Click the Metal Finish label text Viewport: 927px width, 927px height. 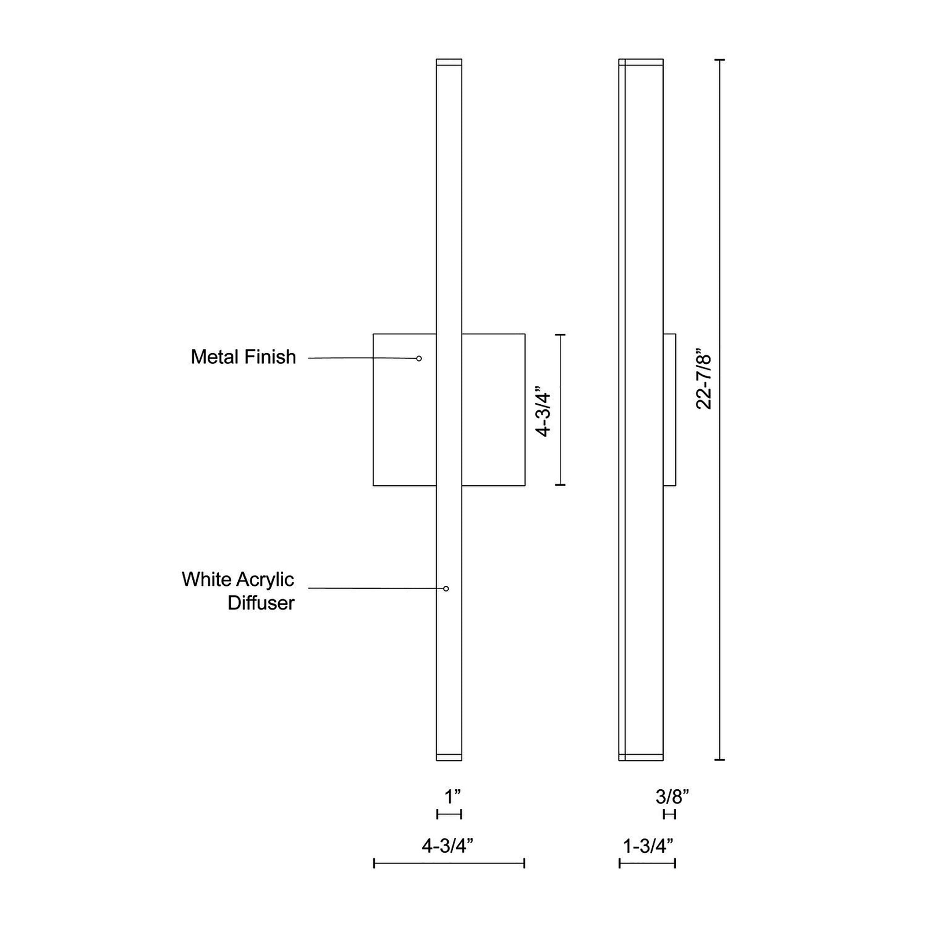click(x=243, y=357)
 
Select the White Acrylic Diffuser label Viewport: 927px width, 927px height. click(x=238, y=590)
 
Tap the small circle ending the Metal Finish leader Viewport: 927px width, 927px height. click(x=419, y=358)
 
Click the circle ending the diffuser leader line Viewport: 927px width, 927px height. click(x=446, y=589)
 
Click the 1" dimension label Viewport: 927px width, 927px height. click(x=452, y=796)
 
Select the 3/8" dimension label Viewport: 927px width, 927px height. click(x=672, y=796)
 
